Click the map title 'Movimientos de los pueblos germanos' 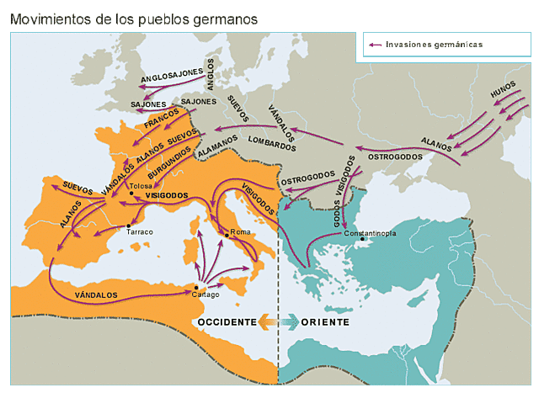coord(134,18)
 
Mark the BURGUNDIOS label coord(168,157)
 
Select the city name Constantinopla coord(365,232)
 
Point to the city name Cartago coord(205,295)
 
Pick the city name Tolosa coord(140,186)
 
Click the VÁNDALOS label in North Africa coord(95,295)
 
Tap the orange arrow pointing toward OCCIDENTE coord(267,322)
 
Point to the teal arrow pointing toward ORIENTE coord(289,322)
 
